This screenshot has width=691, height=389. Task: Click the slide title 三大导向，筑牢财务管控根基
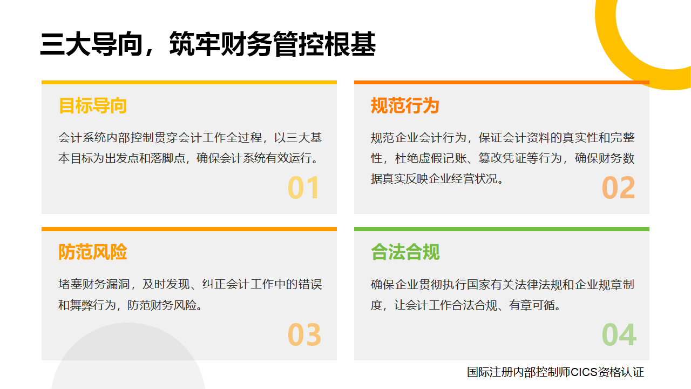click(208, 44)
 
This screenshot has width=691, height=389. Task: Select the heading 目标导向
click(92, 105)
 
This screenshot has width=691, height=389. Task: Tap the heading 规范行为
click(405, 105)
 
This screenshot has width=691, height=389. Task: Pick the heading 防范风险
click(92, 252)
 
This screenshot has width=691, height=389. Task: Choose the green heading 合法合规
click(405, 252)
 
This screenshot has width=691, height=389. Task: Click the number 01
click(303, 187)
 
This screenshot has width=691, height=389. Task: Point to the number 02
click(618, 187)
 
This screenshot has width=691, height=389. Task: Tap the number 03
click(304, 334)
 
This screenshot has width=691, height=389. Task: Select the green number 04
click(619, 334)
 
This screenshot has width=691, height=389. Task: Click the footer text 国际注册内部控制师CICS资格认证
click(555, 372)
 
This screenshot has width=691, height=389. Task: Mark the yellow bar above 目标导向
click(189, 83)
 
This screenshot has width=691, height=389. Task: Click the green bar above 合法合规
click(502, 229)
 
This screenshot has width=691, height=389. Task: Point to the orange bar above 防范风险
click(189, 229)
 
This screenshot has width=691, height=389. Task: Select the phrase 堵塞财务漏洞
click(94, 284)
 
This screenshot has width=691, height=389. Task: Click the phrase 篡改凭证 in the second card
click(502, 158)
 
